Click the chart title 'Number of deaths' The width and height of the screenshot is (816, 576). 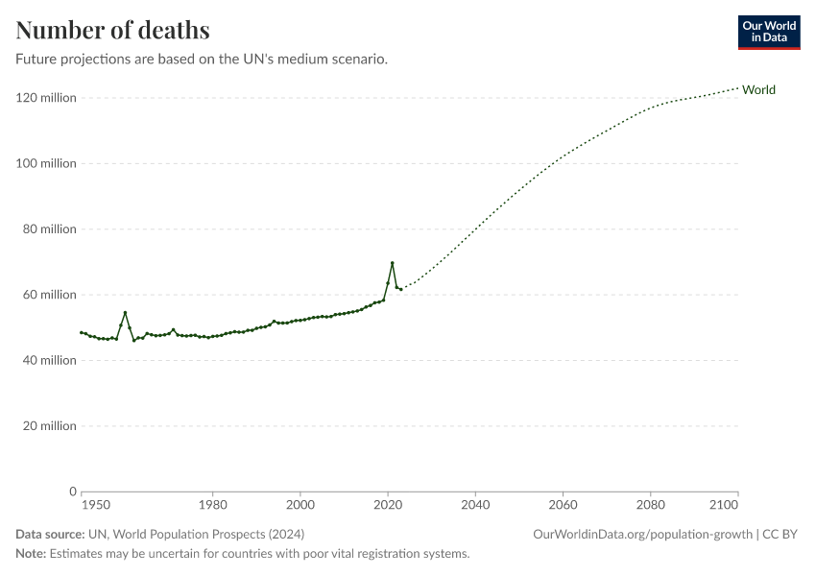click(x=112, y=30)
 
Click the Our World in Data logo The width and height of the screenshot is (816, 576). click(x=768, y=32)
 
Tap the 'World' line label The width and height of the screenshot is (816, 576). click(x=758, y=90)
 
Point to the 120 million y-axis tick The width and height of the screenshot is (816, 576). click(x=46, y=98)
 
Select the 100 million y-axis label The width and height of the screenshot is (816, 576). click(x=46, y=163)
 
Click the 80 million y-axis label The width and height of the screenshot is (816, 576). click(x=49, y=229)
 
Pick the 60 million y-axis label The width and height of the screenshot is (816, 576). click(x=49, y=295)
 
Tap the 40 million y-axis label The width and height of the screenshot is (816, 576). click(x=49, y=360)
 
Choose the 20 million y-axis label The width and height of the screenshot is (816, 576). click(x=49, y=426)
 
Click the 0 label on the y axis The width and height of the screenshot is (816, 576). click(x=72, y=492)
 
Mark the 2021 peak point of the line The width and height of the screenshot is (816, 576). click(x=392, y=263)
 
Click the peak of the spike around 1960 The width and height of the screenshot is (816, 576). click(x=125, y=312)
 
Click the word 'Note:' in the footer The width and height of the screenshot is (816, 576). click(x=31, y=554)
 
